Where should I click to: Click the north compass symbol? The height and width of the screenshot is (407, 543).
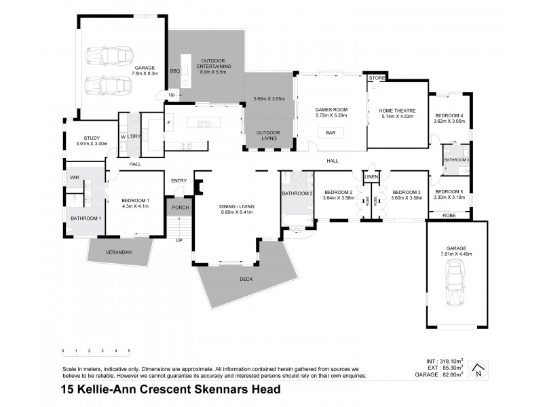[x=479, y=369]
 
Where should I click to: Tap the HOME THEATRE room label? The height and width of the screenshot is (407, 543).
[x=397, y=111]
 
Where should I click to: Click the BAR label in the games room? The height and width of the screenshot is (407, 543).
[x=331, y=132]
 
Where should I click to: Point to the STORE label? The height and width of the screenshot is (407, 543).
[x=376, y=79]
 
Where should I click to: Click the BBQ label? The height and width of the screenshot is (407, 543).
[x=174, y=71]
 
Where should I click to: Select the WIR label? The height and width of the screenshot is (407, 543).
[x=74, y=178]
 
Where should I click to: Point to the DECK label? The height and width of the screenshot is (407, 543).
[x=246, y=279]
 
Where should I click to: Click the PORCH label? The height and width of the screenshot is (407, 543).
[x=180, y=208]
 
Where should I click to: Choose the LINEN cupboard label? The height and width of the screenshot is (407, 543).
[x=371, y=177]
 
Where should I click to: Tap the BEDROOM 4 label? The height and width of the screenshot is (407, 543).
[x=449, y=115]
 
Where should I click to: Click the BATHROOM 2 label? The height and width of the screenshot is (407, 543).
[x=297, y=193]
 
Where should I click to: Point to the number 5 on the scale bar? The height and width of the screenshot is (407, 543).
[x=129, y=351]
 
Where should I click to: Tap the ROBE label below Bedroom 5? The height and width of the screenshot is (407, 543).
[x=449, y=215]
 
